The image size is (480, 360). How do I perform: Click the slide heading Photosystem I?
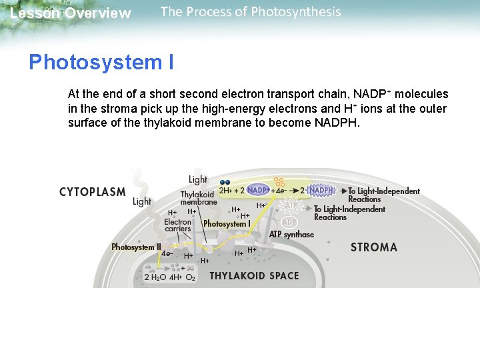[101, 63]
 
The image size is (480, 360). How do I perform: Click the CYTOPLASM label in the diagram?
[93, 192]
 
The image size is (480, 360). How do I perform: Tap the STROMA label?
[373, 247]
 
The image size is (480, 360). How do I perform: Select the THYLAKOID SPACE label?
[254, 275]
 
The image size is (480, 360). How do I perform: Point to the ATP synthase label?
[291, 235]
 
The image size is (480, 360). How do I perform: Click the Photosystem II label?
[136, 247]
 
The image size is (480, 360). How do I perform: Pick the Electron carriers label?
[178, 225]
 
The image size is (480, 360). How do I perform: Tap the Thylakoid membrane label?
[199, 198]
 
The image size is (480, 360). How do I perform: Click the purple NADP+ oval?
[258, 190]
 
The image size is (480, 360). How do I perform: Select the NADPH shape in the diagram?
[321, 190]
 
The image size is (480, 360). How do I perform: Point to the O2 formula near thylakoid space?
[190, 277]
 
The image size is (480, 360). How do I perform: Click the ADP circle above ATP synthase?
[289, 221]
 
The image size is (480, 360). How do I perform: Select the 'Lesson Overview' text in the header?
[71, 13]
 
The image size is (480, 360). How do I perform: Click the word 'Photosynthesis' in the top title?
[301, 12]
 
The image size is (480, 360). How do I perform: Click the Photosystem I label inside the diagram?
[226, 224]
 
